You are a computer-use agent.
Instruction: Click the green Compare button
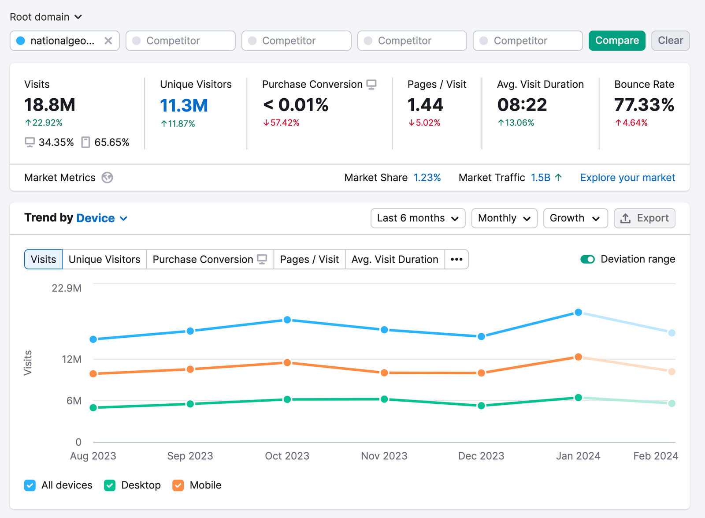point(616,41)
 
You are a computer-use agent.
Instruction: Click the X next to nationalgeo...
point(108,41)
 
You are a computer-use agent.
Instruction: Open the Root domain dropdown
point(46,17)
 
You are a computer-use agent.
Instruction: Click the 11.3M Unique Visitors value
point(184,105)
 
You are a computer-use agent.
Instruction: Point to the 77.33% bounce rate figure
point(644,105)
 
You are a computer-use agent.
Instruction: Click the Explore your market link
point(627,178)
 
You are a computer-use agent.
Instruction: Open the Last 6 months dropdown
point(418,218)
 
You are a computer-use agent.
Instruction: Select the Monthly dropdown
point(504,218)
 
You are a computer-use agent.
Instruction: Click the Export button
point(644,218)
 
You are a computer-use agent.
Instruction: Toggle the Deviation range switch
point(587,259)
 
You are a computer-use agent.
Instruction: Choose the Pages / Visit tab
point(309,259)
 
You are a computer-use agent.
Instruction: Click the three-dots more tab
point(456,259)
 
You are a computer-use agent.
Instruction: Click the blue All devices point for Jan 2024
point(578,312)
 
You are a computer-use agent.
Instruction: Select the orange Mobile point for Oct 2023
point(287,362)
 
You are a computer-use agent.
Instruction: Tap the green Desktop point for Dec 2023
point(481,406)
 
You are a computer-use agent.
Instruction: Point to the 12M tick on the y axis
point(71,359)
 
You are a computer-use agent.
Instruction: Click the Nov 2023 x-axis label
point(384,456)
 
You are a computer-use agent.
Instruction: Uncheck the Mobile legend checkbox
point(178,485)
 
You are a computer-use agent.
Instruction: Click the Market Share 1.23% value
point(427,178)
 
